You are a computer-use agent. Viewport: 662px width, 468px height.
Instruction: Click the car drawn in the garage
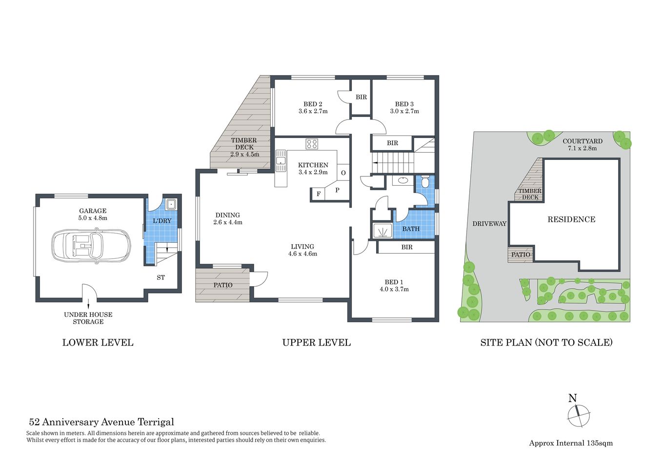(x=91, y=246)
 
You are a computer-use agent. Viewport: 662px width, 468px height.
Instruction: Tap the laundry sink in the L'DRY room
(x=170, y=204)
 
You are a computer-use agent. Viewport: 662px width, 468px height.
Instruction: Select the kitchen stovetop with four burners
(x=312, y=144)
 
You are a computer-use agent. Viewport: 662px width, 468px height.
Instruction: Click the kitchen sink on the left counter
(x=281, y=160)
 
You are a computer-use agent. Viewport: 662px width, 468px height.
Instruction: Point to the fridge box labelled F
(x=319, y=194)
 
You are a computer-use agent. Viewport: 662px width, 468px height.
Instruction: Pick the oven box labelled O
(x=343, y=173)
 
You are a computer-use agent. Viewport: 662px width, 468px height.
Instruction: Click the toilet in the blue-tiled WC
(x=425, y=182)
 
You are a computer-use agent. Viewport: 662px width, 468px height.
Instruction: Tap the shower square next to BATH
(x=382, y=231)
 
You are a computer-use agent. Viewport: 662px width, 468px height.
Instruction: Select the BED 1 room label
(x=394, y=282)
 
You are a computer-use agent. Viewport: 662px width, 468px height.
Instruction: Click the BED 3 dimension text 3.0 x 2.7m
(x=404, y=111)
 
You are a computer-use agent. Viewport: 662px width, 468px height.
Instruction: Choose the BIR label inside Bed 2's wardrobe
(x=361, y=97)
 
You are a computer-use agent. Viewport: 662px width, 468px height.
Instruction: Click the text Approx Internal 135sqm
(x=571, y=443)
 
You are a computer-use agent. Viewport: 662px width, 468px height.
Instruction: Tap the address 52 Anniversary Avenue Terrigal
(x=101, y=422)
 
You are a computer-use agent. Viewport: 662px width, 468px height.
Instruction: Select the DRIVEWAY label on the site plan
(x=489, y=224)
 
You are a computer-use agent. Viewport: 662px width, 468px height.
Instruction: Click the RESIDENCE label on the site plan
(x=571, y=219)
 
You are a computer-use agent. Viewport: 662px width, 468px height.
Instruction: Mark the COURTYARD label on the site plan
(x=582, y=141)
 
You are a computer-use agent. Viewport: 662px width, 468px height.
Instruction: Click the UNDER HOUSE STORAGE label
(x=88, y=318)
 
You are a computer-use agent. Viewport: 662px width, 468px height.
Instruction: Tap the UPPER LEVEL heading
(x=316, y=343)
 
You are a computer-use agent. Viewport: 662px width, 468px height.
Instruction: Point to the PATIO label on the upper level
(x=223, y=285)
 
